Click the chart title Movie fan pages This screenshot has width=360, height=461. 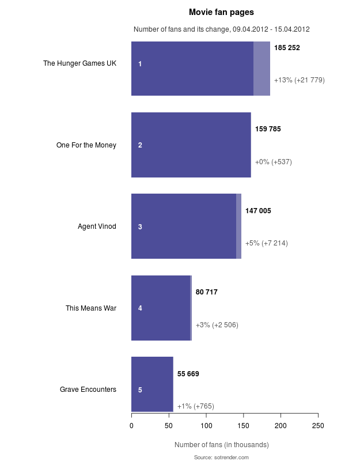pyautogui.click(x=221, y=12)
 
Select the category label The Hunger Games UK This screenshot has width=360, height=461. pyautogui.click(x=79, y=63)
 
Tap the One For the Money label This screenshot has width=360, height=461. pyautogui.click(x=86, y=145)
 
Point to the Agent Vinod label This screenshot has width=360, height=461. pyautogui.click(x=97, y=226)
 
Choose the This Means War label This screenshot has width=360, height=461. pyautogui.click(x=91, y=308)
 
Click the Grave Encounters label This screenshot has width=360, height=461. pyautogui.click(x=88, y=390)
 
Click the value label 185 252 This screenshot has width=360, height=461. pyautogui.click(x=287, y=48)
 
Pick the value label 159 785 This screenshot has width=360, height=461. pyautogui.click(x=268, y=129)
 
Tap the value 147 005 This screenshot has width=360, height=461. pyautogui.click(x=258, y=211)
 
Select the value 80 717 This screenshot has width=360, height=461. pyautogui.click(x=207, y=292)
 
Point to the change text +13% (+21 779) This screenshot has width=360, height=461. pyautogui.click(x=300, y=80)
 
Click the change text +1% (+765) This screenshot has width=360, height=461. pyautogui.click(x=196, y=406)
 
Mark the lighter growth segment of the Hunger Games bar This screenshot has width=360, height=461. pyautogui.click(x=262, y=69)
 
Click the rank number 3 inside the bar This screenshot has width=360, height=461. pyautogui.click(x=140, y=227)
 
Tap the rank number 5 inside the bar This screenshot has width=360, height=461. pyautogui.click(x=140, y=390)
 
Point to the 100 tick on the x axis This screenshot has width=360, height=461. pyautogui.click(x=206, y=426)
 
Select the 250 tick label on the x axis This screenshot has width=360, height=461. pyautogui.click(x=318, y=426)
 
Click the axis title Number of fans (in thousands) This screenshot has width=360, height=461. pyautogui.click(x=221, y=445)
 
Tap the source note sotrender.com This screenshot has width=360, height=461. pyautogui.click(x=221, y=457)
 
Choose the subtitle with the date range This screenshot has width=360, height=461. pyautogui.click(x=222, y=29)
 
